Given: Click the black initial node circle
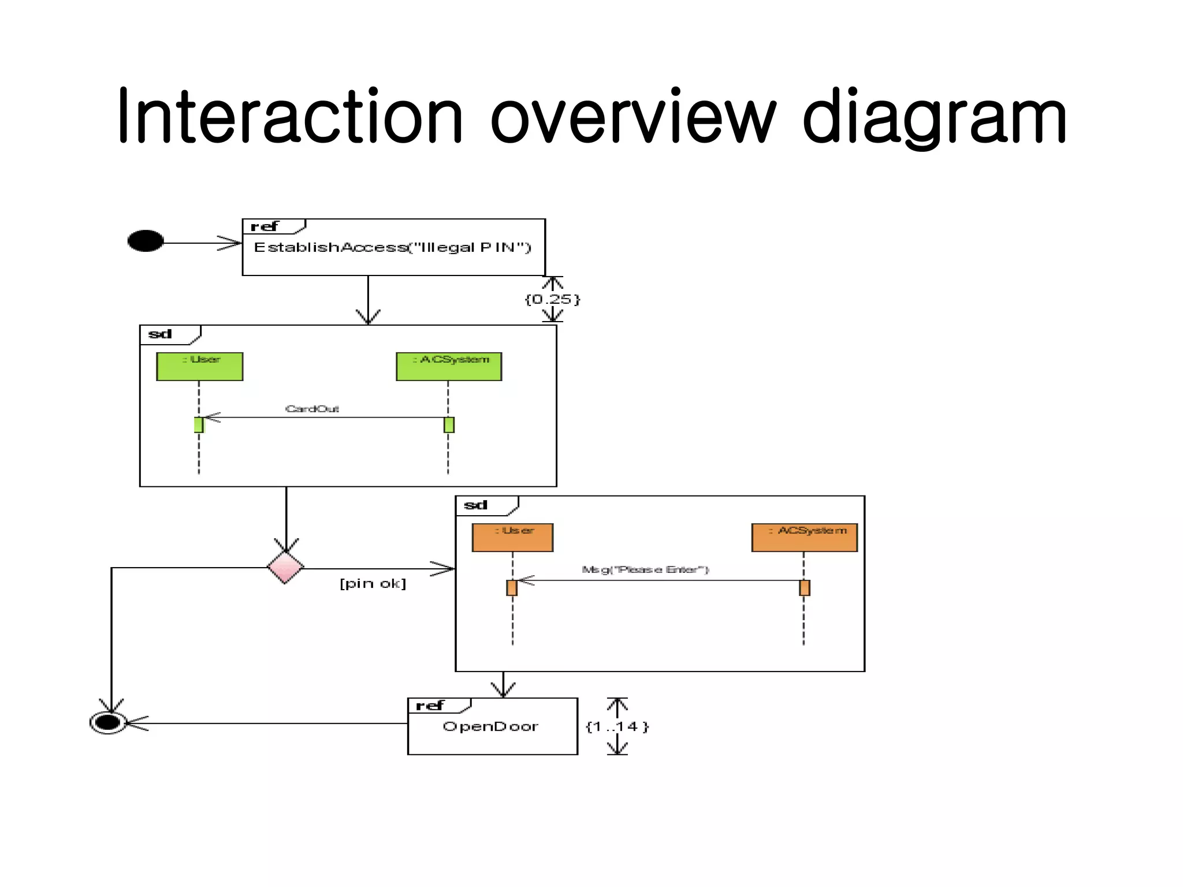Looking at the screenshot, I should click(146, 241).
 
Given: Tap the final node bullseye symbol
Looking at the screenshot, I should click(108, 722).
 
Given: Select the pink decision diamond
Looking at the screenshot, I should click(285, 567).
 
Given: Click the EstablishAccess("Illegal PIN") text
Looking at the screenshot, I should click(392, 248).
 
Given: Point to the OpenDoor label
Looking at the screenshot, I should click(490, 726).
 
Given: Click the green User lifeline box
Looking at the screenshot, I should click(200, 367).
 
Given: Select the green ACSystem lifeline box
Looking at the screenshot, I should click(449, 367).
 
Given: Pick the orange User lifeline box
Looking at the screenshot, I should click(512, 538).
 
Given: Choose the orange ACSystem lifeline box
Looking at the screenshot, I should click(804, 538).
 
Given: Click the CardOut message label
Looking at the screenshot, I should click(312, 409).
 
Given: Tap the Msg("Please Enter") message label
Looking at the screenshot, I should click(645, 570).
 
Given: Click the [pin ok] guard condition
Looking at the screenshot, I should click(373, 584).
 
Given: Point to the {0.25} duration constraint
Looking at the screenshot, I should click(552, 299).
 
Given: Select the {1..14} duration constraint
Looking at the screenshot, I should click(617, 726).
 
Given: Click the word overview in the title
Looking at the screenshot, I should click(633, 116).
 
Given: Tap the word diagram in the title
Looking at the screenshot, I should click(934, 116).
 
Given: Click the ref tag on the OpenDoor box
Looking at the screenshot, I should click(430, 706).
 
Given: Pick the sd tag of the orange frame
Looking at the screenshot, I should click(476, 505).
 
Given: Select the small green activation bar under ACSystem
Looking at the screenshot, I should click(449, 425).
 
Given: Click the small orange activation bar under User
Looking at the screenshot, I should click(512, 588).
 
